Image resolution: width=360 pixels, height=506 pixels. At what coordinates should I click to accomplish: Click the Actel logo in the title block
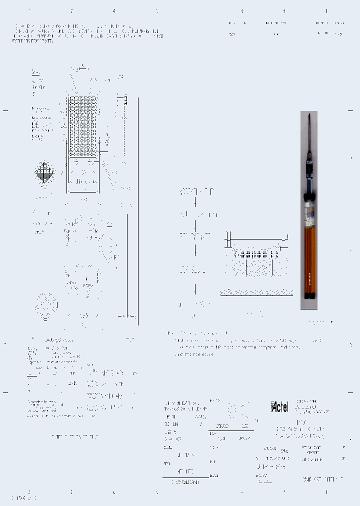[x=279, y=407]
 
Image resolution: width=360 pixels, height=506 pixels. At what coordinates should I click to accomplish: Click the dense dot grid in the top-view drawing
[x=82, y=125]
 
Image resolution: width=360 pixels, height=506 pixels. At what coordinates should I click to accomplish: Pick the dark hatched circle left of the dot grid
[x=44, y=173]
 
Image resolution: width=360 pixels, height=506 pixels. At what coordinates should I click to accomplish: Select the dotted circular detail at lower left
[x=46, y=304]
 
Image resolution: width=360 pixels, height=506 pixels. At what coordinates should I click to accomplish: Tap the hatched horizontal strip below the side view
[x=256, y=292]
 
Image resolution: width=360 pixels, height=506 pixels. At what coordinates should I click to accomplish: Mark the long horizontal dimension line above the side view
[x=256, y=240]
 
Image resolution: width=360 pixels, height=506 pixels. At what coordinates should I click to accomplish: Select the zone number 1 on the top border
[x=326, y=10]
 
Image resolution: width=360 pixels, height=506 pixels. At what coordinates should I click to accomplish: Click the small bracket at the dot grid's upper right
[x=123, y=100]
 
